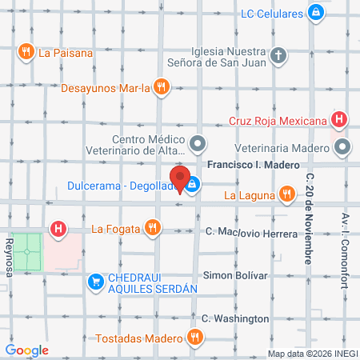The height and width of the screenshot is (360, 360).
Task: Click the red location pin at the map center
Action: (180, 180)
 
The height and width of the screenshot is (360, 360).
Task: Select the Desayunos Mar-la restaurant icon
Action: (162, 86)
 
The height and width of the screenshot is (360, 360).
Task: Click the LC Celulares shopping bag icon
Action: (316, 13)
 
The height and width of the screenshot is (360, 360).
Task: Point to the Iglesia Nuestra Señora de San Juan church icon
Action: (278, 55)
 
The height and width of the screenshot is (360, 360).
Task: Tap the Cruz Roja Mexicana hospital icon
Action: (340, 120)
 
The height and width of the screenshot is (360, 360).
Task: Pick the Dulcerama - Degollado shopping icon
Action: (194, 186)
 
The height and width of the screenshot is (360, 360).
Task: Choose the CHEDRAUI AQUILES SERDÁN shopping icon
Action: (94, 281)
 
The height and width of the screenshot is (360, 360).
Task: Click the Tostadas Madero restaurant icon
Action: (194, 338)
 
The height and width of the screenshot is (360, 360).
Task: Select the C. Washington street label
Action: (235, 318)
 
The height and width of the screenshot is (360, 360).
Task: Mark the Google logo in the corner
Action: (26, 350)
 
